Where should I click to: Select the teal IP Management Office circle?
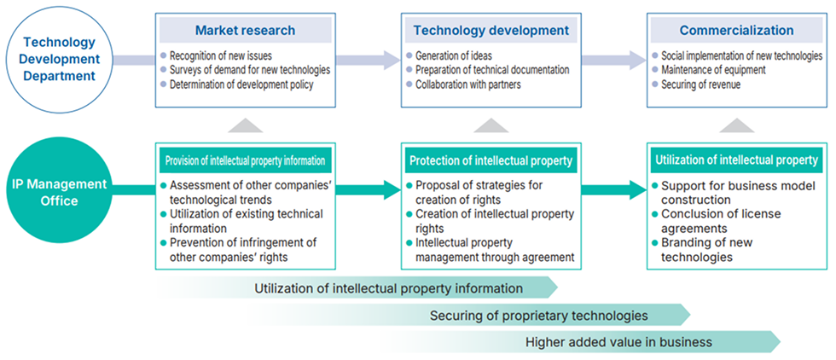[x=58, y=192]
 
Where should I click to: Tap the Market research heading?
[x=245, y=31]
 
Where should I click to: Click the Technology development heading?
[x=491, y=31]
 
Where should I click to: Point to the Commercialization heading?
[x=737, y=31]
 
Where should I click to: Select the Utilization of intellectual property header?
[x=736, y=160]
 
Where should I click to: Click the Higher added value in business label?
[x=618, y=343]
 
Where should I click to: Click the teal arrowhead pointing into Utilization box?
[x=636, y=189]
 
